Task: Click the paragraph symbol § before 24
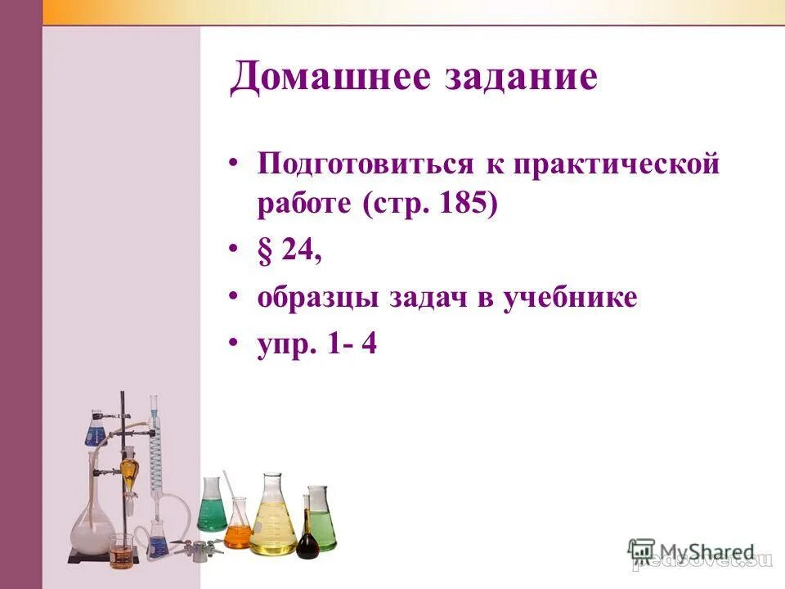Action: (266, 250)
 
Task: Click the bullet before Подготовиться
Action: (235, 160)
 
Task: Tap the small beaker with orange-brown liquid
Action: (120, 552)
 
